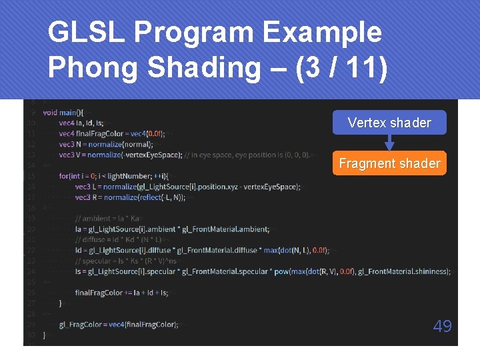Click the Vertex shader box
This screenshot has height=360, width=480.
coord(389,123)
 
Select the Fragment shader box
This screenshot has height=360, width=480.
coord(389,163)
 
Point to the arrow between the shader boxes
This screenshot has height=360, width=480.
coord(389,143)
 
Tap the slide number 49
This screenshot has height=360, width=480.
coord(442,326)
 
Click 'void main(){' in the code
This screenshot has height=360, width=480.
coord(63,112)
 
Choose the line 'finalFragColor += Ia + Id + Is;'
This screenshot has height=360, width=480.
coord(121,293)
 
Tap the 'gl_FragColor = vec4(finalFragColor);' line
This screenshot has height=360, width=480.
coord(118,325)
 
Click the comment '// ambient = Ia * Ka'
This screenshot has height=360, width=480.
coord(108,219)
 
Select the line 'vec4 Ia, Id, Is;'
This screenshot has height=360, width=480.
coord(81,123)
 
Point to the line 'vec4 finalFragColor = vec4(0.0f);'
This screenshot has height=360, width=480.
coord(111,133)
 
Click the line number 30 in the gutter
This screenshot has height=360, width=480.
coord(31,335)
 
